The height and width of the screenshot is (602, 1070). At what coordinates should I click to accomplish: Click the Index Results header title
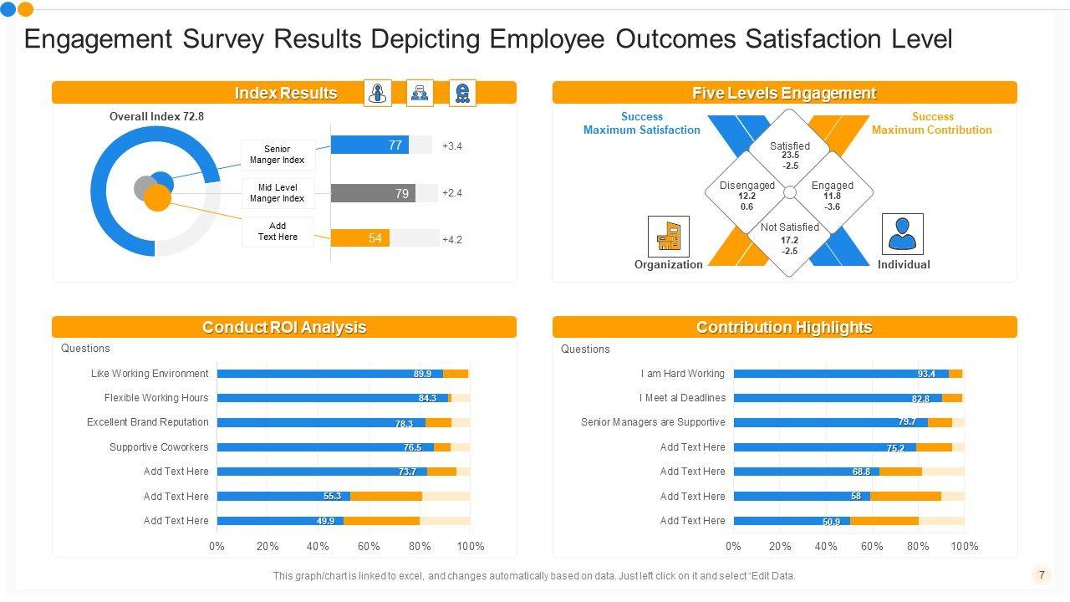click(x=285, y=93)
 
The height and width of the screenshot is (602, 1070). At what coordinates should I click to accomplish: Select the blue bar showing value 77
click(x=369, y=145)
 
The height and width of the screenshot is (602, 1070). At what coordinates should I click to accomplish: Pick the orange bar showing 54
click(x=360, y=238)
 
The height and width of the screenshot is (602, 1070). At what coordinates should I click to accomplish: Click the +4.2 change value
click(x=452, y=239)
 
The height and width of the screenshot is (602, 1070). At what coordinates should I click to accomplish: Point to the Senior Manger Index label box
click(x=278, y=155)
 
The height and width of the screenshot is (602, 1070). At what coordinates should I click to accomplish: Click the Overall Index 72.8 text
click(x=156, y=117)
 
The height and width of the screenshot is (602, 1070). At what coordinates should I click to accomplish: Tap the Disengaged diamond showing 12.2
click(x=746, y=194)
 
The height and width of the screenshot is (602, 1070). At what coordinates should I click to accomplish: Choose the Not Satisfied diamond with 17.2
click(x=789, y=237)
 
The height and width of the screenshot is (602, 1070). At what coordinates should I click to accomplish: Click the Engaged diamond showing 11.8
click(x=832, y=195)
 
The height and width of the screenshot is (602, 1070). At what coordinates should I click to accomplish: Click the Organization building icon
click(x=669, y=236)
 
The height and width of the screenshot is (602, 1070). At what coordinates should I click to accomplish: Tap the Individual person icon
click(x=903, y=234)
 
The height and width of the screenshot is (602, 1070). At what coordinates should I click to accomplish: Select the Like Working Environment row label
click(x=150, y=374)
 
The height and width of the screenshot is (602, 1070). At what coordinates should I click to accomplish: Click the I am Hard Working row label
click(x=682, y=374)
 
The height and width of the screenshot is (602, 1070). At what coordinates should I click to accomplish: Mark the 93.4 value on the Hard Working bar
click(x=926, y=374)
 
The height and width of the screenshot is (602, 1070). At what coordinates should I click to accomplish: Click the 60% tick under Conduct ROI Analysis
click(x=369, y=546)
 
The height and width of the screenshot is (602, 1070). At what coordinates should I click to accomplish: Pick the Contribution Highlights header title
click(x=784, y=327)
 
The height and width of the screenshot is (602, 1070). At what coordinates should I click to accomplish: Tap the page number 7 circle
click(x=1041, y=574)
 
